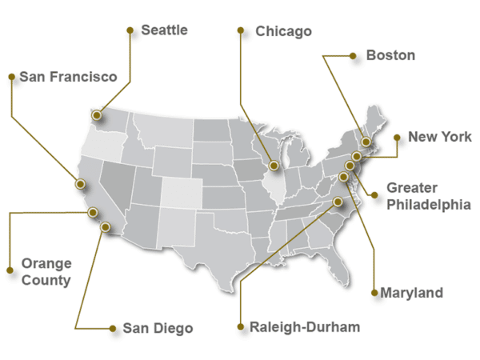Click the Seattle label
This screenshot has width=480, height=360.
tap(164, 30)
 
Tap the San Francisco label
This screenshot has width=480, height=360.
tap(68, 77)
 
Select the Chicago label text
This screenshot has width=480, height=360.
tap(283, 32)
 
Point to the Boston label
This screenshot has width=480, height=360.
tap(390, 55)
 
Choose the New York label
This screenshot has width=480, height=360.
tap(440, 137)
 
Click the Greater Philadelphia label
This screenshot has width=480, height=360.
tap(428, 196)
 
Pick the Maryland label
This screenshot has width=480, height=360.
tap(411, 294)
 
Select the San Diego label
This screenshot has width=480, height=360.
tap(158, 328)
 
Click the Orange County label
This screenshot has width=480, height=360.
tap(46, 272)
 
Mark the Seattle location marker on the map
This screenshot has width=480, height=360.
tap(97, 115)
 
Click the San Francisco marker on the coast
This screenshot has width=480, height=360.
tap(80, 184)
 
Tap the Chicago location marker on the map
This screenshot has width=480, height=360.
tap(274, 166)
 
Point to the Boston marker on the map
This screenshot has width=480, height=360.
tap(366, 142)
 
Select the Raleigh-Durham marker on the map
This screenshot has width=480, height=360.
tap(338, 202)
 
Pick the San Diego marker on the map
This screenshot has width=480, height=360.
tap(105, 226)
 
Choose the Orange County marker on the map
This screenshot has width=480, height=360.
tap(94, 212)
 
